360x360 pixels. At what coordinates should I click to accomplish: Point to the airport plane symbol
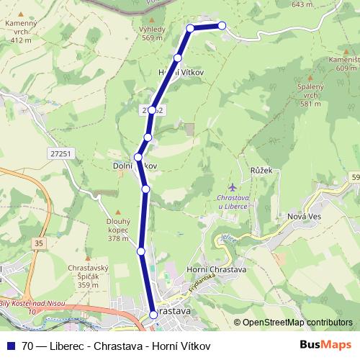click(231, 188)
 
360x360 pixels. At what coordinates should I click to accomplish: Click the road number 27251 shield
click(62, 153)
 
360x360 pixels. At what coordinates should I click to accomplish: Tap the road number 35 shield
click(38, 244)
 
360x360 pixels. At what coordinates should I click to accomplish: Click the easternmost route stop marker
click(222, 26)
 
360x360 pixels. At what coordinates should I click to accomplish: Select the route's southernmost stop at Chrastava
click(153, 314)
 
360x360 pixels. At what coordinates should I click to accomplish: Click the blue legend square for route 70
click(10, 346)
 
